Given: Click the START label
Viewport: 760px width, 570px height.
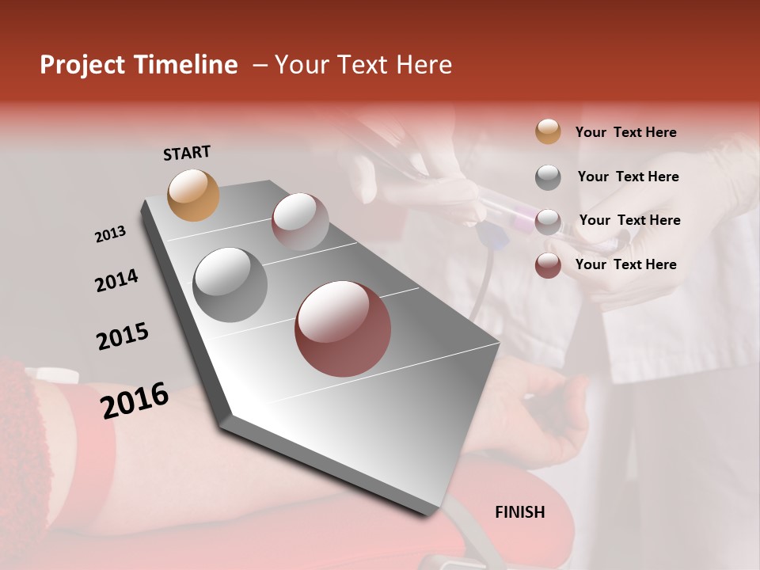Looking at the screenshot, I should [187, 153].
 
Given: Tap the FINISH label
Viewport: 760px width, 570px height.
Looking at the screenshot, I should [519, 512].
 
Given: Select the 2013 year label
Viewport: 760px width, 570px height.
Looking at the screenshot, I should [110, 234].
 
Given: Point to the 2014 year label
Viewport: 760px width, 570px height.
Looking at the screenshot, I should [116, 280].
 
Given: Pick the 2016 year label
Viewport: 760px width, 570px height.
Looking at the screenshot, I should [135, 400].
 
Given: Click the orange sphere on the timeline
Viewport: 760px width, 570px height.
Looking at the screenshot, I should [193, 195].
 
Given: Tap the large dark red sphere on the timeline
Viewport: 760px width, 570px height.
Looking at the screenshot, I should [343, 329].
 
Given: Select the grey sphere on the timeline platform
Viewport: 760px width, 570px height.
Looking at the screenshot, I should [230, 284].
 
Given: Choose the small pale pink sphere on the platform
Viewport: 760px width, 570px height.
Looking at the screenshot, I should [300, 222].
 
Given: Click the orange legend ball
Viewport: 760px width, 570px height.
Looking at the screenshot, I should [548, 131].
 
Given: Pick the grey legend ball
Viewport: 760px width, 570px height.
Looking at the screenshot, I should [548, 177].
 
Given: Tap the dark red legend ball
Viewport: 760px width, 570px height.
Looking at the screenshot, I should [548, 265].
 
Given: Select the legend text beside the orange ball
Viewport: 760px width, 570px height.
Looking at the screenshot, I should [625, 132].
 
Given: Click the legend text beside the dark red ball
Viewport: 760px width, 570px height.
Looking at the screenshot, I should [625, 264].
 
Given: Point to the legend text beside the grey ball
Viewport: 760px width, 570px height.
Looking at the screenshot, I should [628, 177].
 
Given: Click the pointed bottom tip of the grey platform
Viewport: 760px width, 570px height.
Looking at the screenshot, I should [431, 513].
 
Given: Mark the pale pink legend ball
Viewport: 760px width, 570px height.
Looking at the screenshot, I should [548, 221].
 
